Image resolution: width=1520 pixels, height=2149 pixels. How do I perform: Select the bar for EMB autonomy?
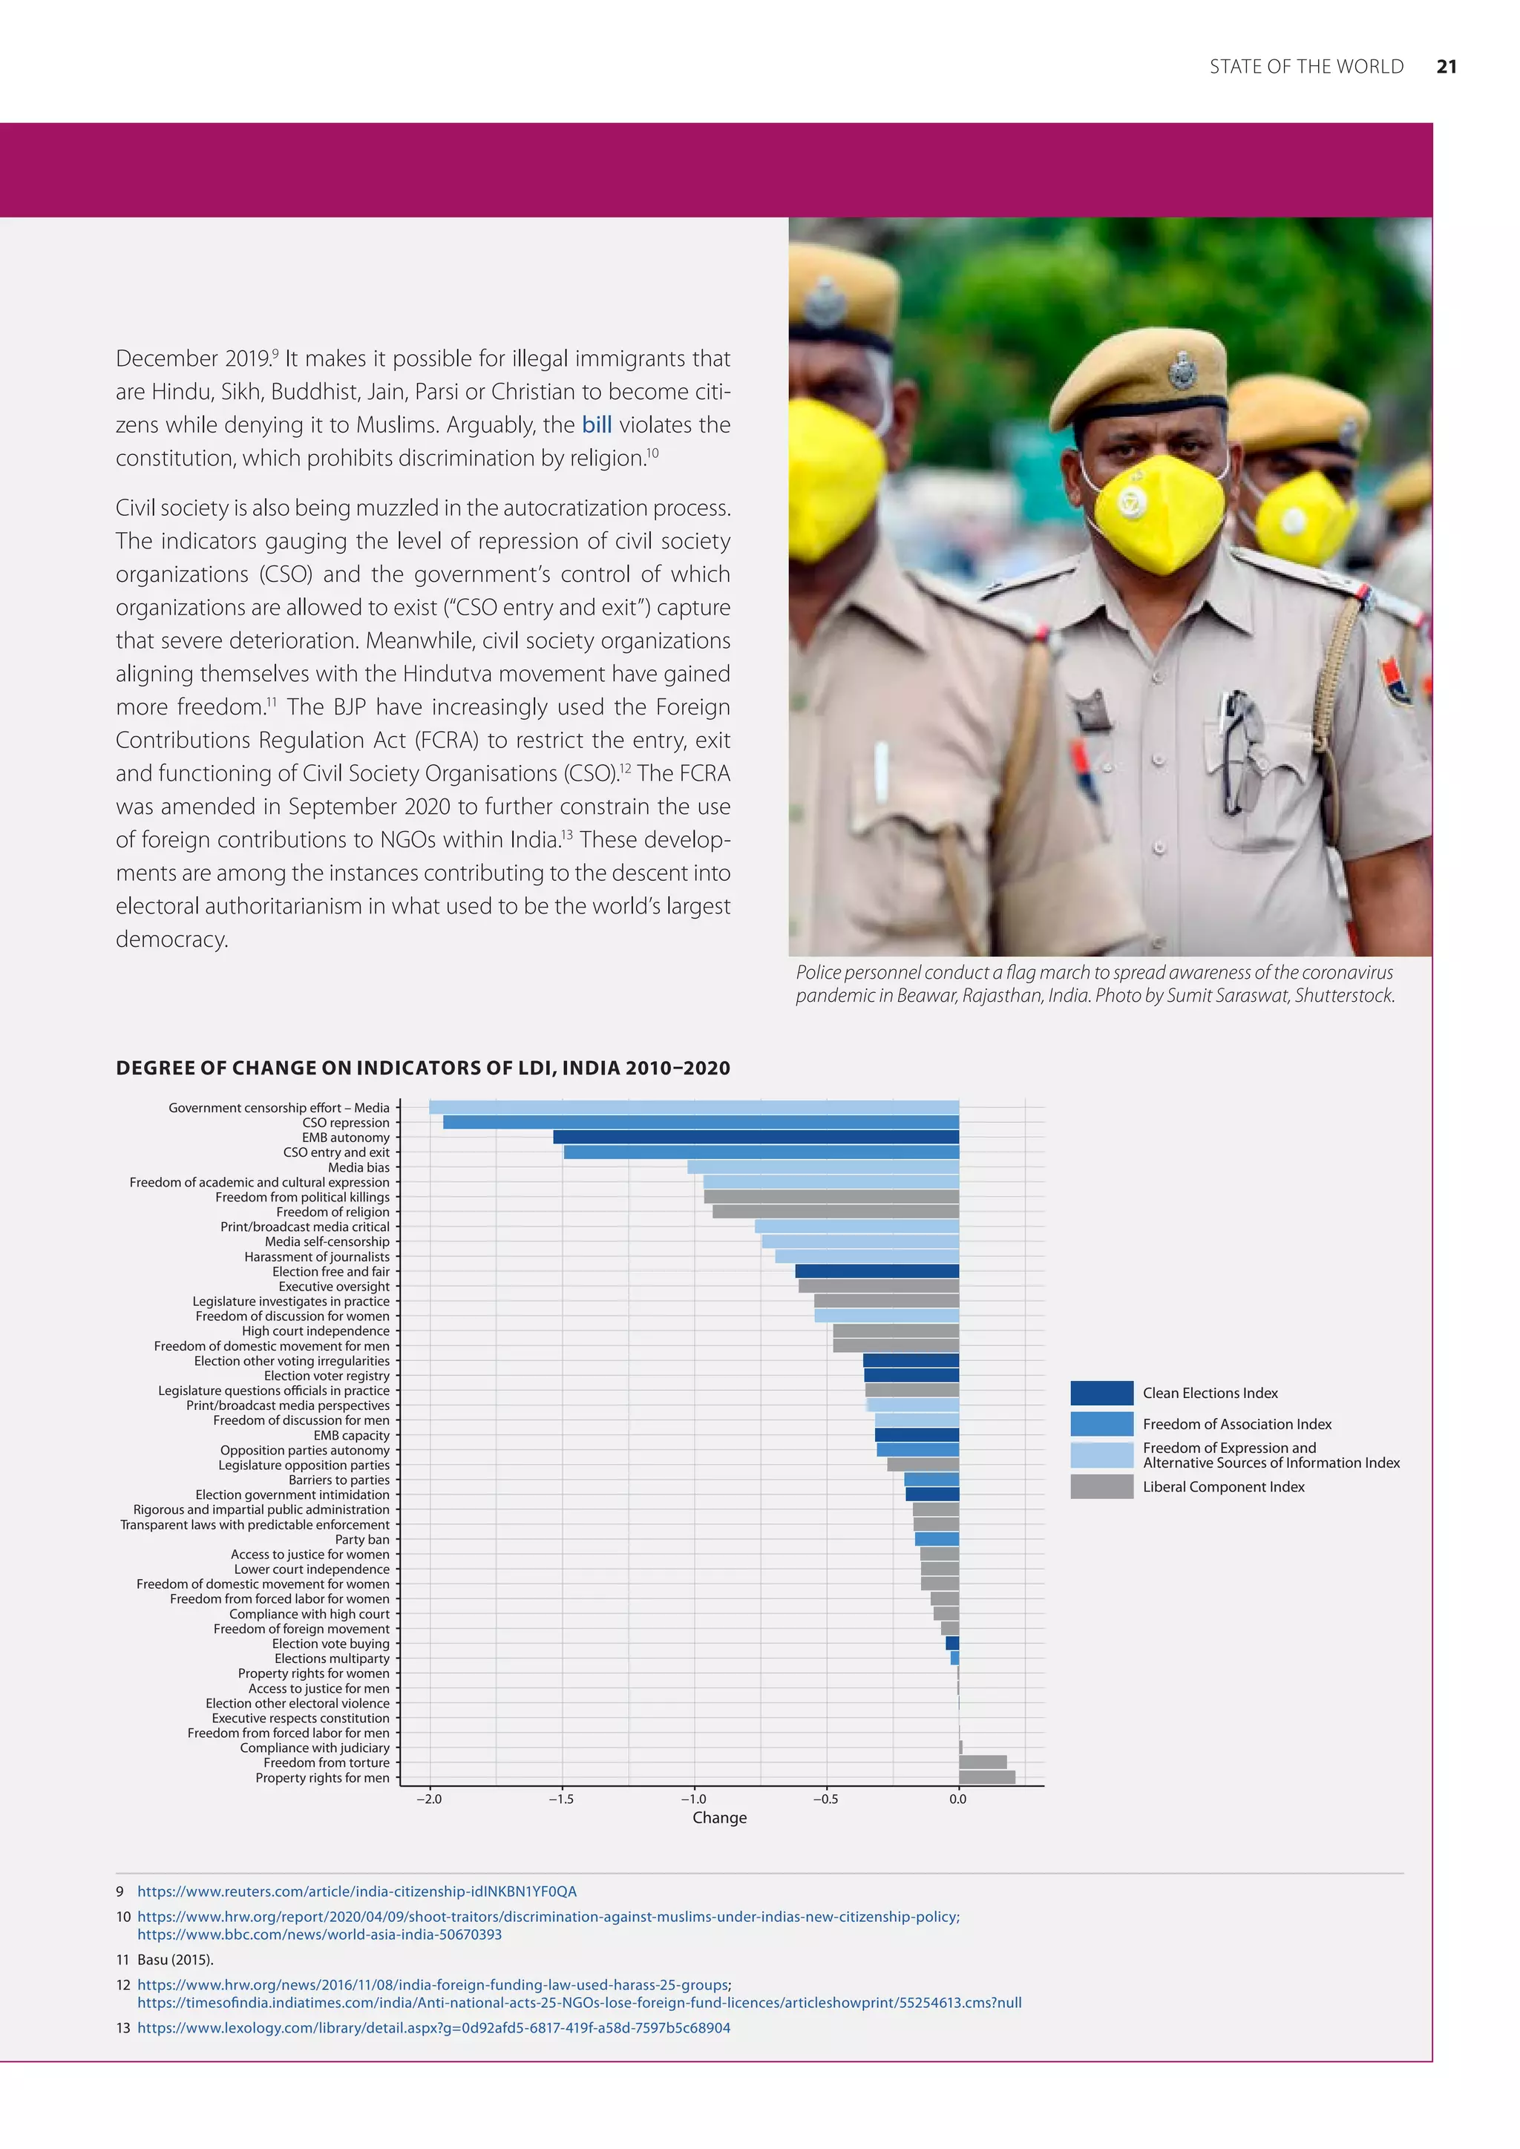coord(756,1138)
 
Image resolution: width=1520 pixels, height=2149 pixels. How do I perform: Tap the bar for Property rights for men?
coord(986,1777)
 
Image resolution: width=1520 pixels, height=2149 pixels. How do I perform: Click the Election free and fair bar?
coord(877,1271)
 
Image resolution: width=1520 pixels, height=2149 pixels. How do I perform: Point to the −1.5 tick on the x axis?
coord(562,1799)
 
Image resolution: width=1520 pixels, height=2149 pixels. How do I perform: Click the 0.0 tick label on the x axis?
coord(957,1799)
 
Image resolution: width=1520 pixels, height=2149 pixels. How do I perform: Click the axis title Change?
coord(719,1817)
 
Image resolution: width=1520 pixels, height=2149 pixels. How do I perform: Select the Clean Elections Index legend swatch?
coord(1101,1393)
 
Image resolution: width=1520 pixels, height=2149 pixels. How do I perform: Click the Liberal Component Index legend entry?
coord(1222,1486)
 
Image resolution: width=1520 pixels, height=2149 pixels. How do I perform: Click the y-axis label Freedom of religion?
coord(332,1212)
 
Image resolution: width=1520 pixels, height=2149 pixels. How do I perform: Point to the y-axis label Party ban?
coord(362,1540)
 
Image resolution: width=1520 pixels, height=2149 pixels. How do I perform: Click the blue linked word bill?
coord(596,425)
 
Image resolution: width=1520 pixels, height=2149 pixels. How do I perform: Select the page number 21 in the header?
coord(1446,67)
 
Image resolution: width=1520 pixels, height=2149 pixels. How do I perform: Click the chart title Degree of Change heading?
coord(422,1068)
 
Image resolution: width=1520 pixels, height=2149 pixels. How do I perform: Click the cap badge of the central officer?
coord(1182,373)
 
